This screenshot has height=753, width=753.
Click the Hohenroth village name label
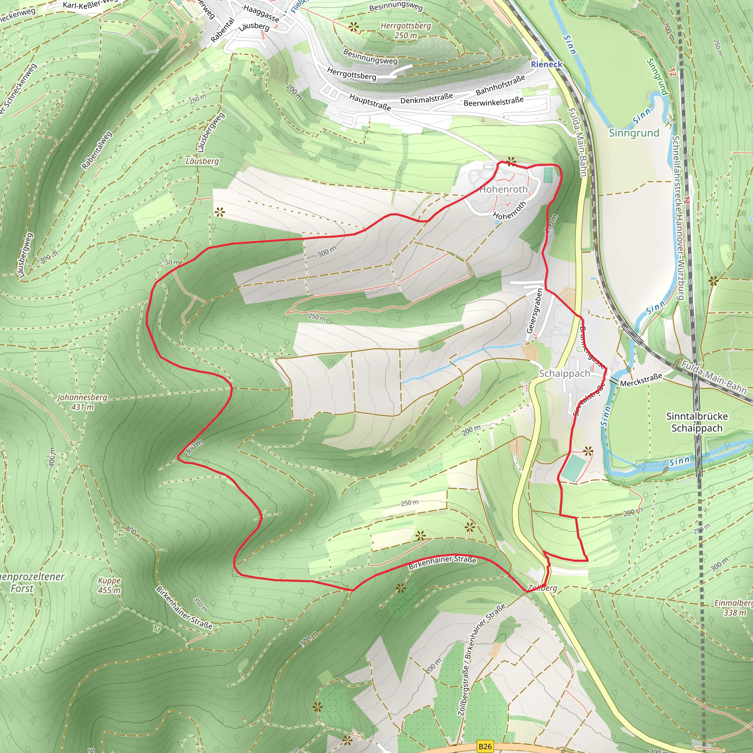(503, 189)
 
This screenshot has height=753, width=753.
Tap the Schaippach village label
(564, 374)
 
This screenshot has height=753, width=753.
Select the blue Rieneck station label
(546, 64)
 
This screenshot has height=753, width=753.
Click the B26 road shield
(485, 746)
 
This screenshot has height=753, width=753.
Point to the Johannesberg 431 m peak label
(82, 402)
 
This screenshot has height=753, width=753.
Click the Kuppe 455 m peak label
(109, 585)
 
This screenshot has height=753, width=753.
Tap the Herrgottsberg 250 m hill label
(406, 31)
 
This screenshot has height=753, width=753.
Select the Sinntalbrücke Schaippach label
(697, 422)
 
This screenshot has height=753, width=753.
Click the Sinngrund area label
(634, 133)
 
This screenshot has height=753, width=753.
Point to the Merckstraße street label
(641, 381)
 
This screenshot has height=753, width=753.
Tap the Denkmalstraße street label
(427, 98)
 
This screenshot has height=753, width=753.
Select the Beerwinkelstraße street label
(493, 102)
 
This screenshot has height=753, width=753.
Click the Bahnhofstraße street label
(500, 85)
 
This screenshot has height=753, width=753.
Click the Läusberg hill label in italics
(202, 161)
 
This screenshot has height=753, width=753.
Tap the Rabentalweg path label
(97, 150)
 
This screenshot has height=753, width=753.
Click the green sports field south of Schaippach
(573, 468)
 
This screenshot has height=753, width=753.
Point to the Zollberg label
(543, 588)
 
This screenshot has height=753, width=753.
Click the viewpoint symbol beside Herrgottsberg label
(353, 27)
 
